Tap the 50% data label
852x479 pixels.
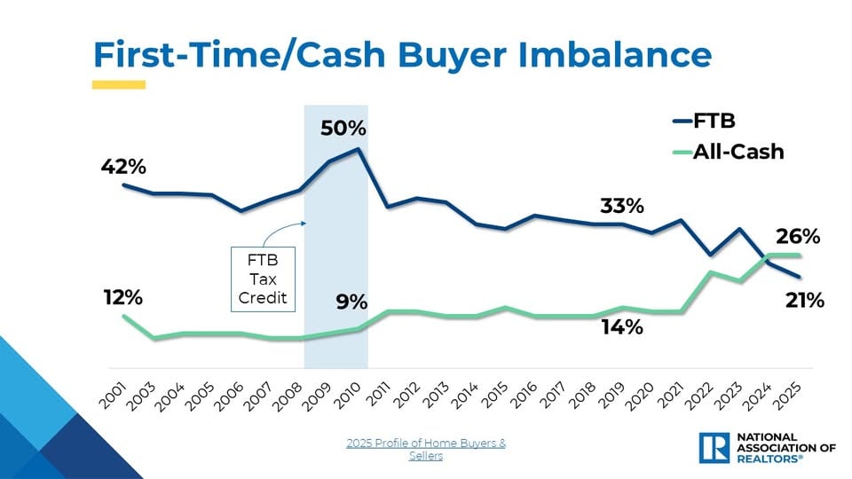343,129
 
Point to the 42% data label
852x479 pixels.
122,166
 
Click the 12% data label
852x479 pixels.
122,296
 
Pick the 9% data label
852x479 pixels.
351,302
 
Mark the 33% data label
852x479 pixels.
621,206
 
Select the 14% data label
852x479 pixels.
621,327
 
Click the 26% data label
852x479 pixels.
797,237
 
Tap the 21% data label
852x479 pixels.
804,301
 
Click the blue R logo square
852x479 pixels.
714,449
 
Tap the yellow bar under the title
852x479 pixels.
119,85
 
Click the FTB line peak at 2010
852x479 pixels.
358,149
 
